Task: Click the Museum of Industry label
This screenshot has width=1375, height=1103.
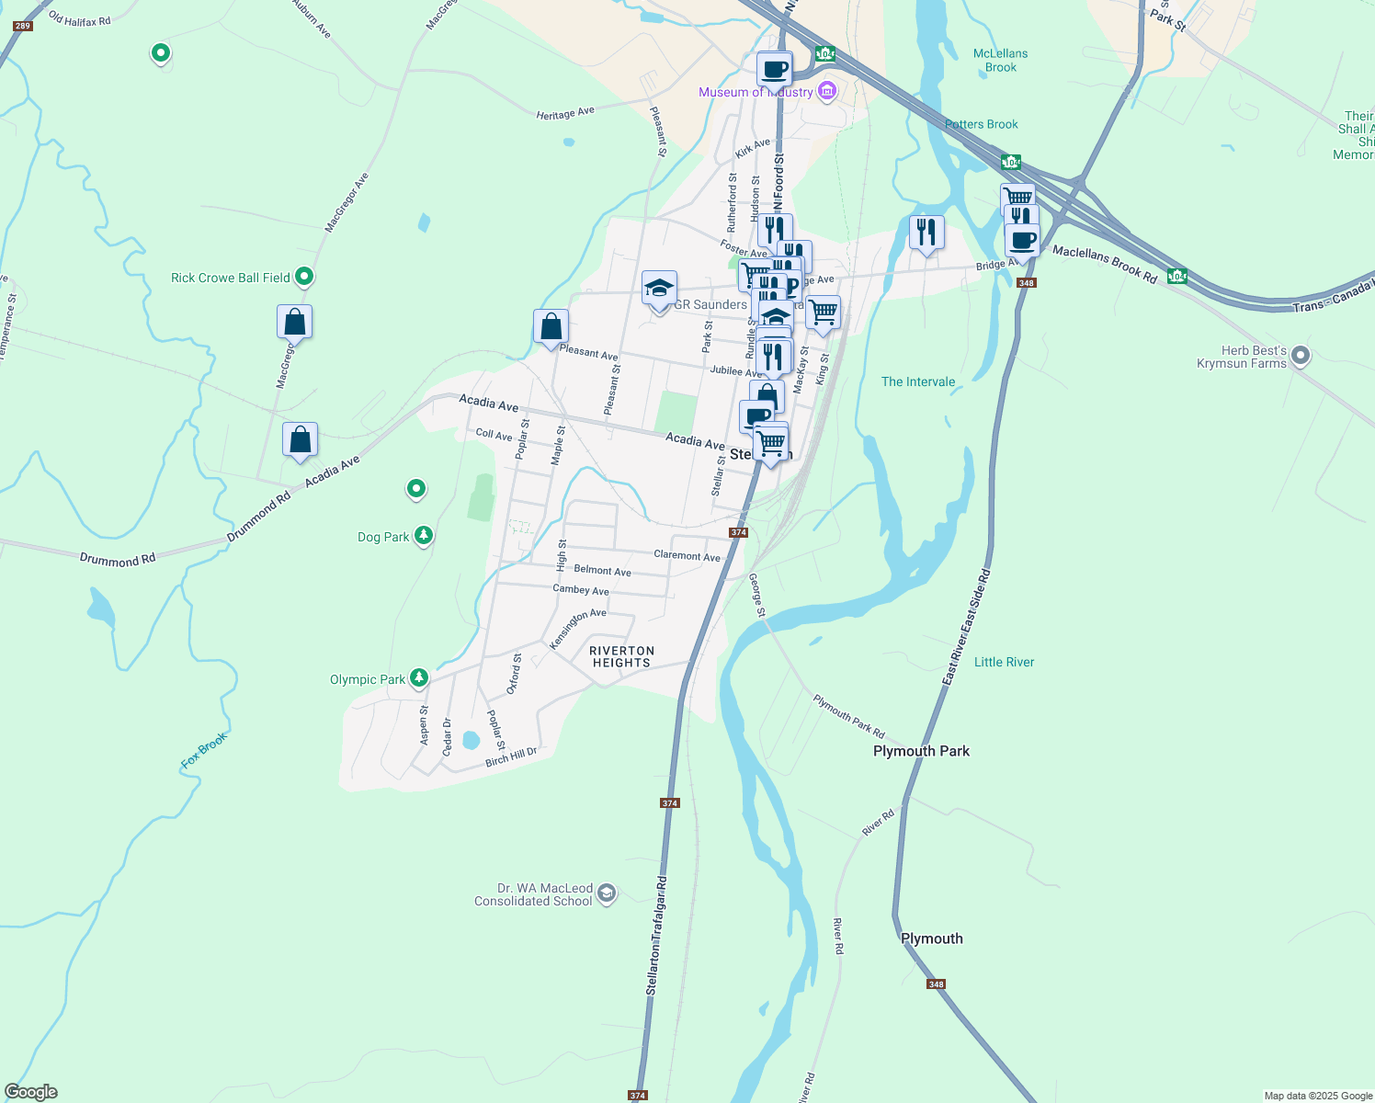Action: click(756, 92)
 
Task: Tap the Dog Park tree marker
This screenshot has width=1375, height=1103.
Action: click(423, 535)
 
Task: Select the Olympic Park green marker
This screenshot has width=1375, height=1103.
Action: click(419, 678)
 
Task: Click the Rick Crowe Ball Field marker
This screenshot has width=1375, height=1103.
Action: click(304, 276)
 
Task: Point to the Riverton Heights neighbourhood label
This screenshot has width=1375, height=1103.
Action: click(621, 656)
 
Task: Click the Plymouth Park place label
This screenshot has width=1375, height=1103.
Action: click(921, 751)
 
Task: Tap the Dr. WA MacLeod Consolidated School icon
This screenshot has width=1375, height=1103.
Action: click(606, 893)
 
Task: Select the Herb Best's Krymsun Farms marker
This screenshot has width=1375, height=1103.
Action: click(1300, 355)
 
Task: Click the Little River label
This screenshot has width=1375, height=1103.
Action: click(1004, 662)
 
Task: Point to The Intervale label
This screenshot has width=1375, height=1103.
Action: click(917, 381)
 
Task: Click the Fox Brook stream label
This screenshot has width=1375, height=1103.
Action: click(204, 751)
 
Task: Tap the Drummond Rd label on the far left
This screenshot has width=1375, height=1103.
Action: click(117, 559)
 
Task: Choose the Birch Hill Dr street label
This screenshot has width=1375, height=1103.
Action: click(511, 757)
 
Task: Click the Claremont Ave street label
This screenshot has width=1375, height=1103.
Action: click(687, 555)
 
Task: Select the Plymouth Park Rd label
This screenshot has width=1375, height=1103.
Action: click(848, 716)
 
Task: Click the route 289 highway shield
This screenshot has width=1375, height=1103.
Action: click(23, 26)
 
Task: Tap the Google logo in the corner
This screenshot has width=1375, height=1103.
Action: click(31, 1092)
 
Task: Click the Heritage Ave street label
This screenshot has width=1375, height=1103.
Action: click(565, 113)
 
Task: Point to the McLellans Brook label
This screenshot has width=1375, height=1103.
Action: click(1000, 61)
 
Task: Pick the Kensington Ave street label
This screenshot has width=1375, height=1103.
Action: click(577, 629)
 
